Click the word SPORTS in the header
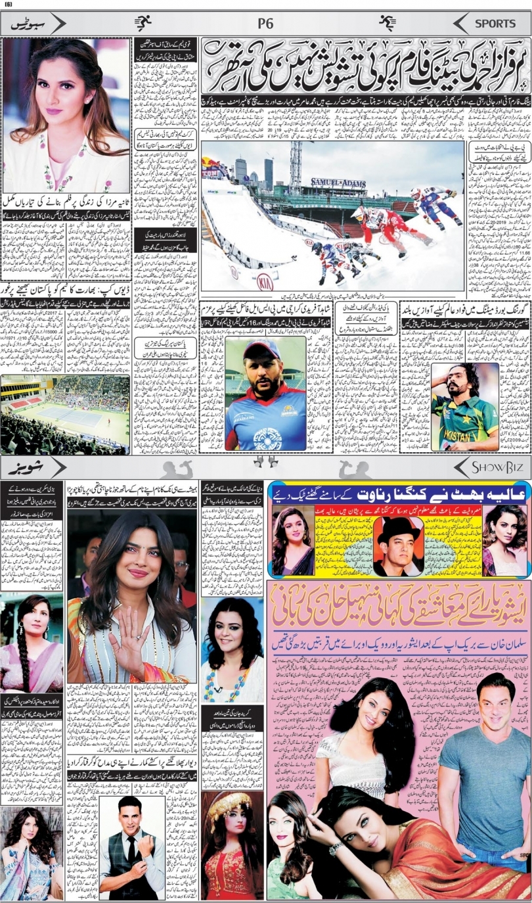pos(496,24)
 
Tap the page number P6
pos(265,24)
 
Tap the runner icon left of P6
pos(143,24)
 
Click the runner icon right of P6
pos(388,24)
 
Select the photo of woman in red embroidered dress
pos(232,845)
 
